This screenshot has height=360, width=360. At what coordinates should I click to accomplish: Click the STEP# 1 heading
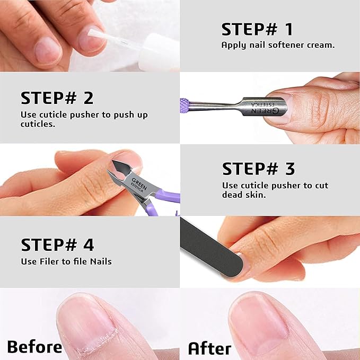tap(257, 29)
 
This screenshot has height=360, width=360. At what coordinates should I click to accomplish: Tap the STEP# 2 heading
tap(57, 98)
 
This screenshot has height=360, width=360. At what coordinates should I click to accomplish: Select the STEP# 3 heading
tap(258, 169)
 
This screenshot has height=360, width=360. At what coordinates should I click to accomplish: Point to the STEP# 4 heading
tap(57, 245)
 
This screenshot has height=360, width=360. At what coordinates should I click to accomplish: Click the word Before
tap(34, 347)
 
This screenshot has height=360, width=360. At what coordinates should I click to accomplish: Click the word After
tap(209, 348)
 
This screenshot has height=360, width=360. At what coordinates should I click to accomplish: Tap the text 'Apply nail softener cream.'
tap(278, 45)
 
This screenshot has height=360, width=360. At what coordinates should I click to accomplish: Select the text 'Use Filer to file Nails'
tap(66, 261)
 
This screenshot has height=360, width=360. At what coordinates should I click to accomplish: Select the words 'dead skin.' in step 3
tap(246, 194)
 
